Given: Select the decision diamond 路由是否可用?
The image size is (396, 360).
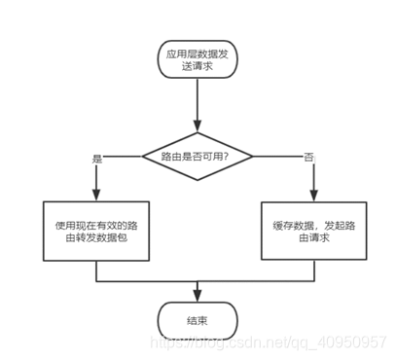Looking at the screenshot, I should click(x=198, y=157).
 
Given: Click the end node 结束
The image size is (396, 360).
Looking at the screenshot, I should click(x=198, y=318).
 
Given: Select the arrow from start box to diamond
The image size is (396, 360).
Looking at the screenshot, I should click(x=198, y=107).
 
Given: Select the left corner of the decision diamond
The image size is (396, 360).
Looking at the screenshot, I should click(x=143, y=157).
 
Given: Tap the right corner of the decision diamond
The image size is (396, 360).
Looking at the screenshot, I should click(x=254, y=157).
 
